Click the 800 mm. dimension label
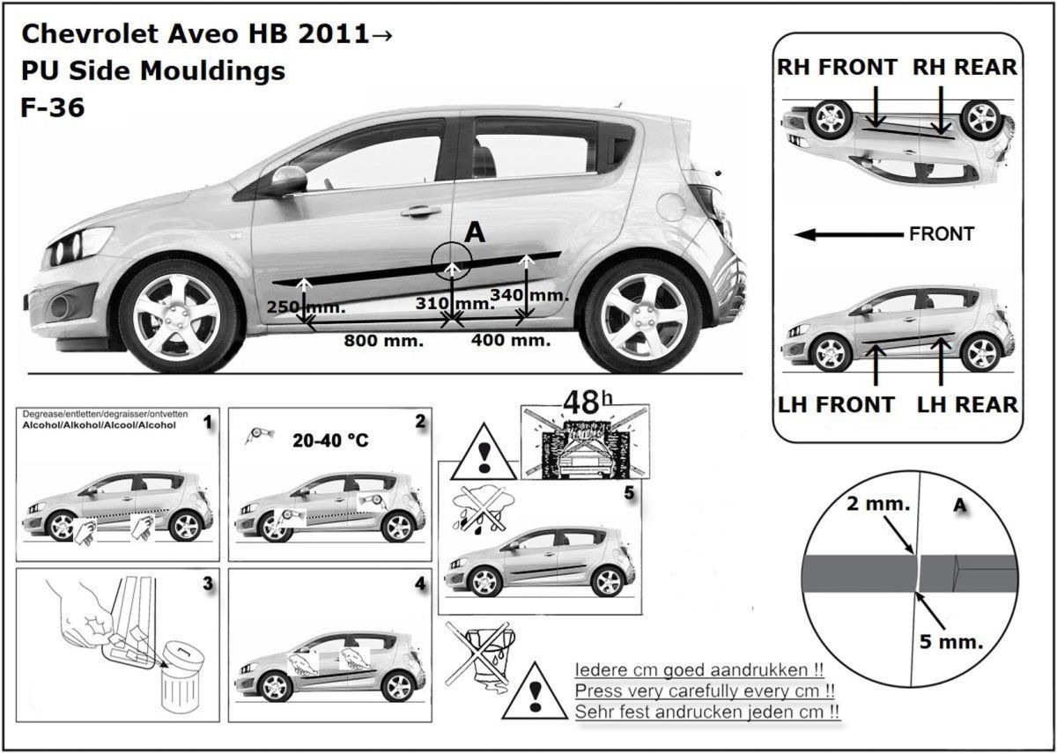(383, 340)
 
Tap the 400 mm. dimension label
(511, 339)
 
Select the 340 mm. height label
(528, 295)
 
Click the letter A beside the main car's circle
(475, 233)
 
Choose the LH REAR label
(967, 404)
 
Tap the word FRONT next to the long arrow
(941, 234)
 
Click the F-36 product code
(52, 107)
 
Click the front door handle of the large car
(420, 211)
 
